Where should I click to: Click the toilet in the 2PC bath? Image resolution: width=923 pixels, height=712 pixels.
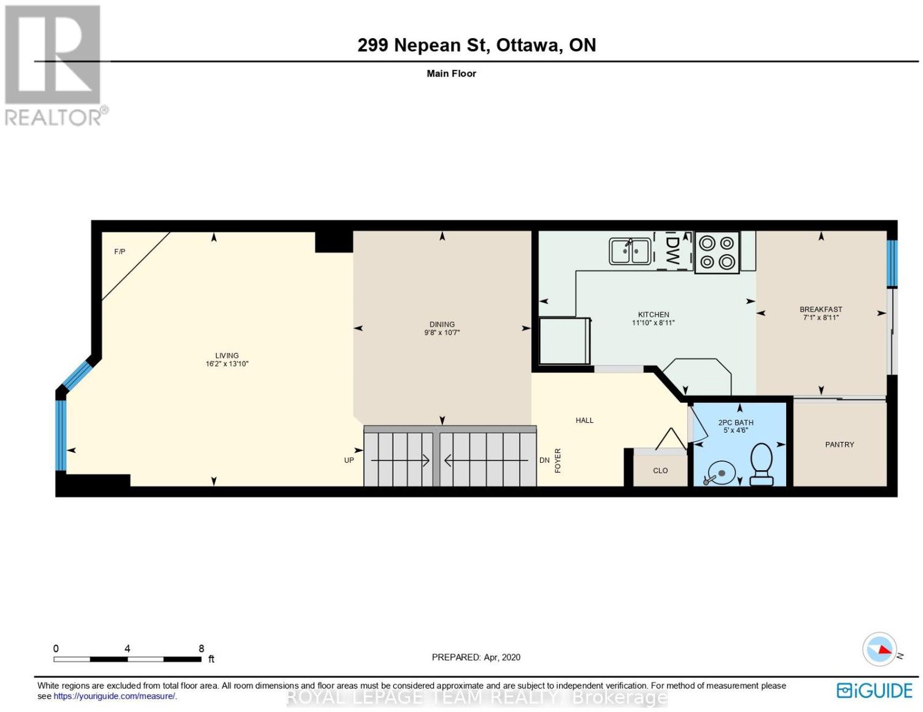coord(761,464)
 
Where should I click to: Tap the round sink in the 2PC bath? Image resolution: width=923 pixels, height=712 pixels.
coord(719,473)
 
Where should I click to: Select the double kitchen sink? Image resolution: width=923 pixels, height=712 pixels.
coord(629,250)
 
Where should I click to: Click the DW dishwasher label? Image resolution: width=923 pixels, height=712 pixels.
coord(673,251)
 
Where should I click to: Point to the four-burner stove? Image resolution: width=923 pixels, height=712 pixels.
coord(716,252)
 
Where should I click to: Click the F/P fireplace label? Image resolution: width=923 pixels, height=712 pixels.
coord(120,252)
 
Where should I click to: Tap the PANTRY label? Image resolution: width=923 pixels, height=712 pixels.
coord(839,444)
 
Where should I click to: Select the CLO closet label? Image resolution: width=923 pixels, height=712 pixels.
coord(660,470)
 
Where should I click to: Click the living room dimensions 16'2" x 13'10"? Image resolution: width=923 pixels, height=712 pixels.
coord(227,364)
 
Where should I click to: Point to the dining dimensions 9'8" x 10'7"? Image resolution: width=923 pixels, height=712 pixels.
coord(442,332)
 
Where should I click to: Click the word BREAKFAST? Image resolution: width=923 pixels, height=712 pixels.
coord(821,309)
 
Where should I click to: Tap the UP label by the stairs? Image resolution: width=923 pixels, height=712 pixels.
coord(349,460)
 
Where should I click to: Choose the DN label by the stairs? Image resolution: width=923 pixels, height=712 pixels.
coord(544,460)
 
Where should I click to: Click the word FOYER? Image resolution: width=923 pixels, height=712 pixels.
coord(558,460)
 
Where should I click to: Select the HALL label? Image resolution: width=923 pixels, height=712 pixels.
coord(584,420)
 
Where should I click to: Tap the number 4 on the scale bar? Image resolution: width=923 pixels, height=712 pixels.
coord(127,649)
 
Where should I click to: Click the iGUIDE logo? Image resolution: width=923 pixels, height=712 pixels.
coord(875,690)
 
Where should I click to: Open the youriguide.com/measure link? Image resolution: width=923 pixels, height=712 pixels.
coord(114,696)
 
